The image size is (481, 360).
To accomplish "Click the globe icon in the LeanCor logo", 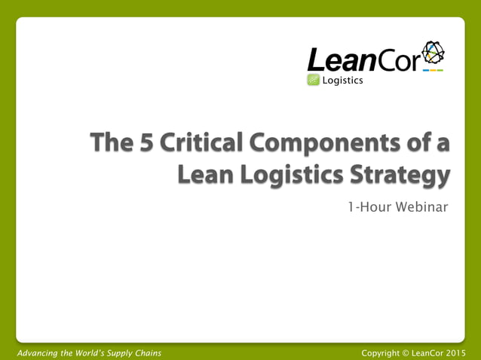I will coord(433,53).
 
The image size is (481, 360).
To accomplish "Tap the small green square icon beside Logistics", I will coord(314,81).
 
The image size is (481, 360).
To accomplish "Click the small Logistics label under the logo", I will coord(342,81).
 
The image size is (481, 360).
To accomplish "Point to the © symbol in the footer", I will coord(407,352).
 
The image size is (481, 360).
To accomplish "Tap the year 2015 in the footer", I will coord(455,352).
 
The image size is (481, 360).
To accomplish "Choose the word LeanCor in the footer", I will coord(427,352).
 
